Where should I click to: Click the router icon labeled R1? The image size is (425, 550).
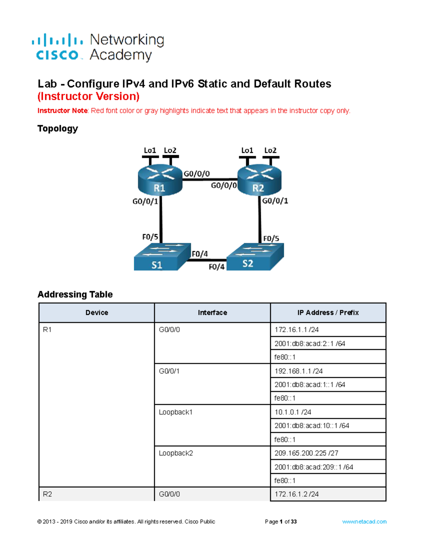160,181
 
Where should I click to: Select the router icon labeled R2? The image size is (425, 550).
259,181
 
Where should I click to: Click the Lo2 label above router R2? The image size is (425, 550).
270,150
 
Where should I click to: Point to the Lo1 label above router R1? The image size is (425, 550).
150,150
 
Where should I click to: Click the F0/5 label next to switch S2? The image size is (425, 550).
271,238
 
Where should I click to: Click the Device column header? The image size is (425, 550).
97,313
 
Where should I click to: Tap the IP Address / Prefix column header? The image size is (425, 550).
328,313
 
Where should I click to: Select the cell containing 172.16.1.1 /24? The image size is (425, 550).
328,330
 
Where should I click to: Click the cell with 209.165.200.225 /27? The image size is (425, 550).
328,453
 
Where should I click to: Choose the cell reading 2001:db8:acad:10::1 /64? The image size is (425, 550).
328,426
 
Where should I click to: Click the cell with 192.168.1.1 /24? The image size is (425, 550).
328,371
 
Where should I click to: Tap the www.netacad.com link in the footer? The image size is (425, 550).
364,522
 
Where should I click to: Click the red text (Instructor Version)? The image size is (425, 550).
89,96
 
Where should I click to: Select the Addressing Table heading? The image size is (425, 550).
75,294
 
